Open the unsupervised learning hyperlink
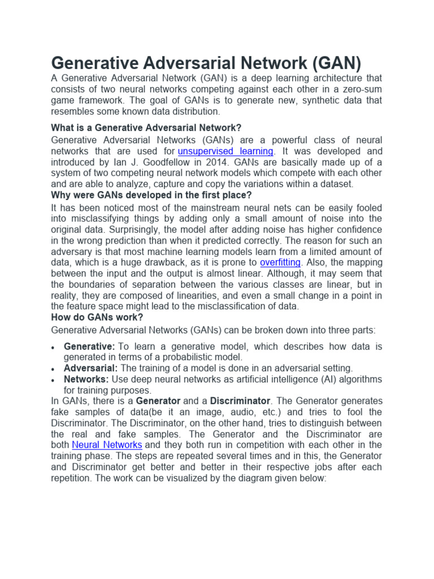click(225, 151)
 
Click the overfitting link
click(280, 262)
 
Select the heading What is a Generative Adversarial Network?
click(146, 128)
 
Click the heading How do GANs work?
click(97, 317)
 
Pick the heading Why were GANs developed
click(151, 195)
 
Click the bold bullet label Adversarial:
click(91, 368)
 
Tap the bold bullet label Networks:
click(86, 379)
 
